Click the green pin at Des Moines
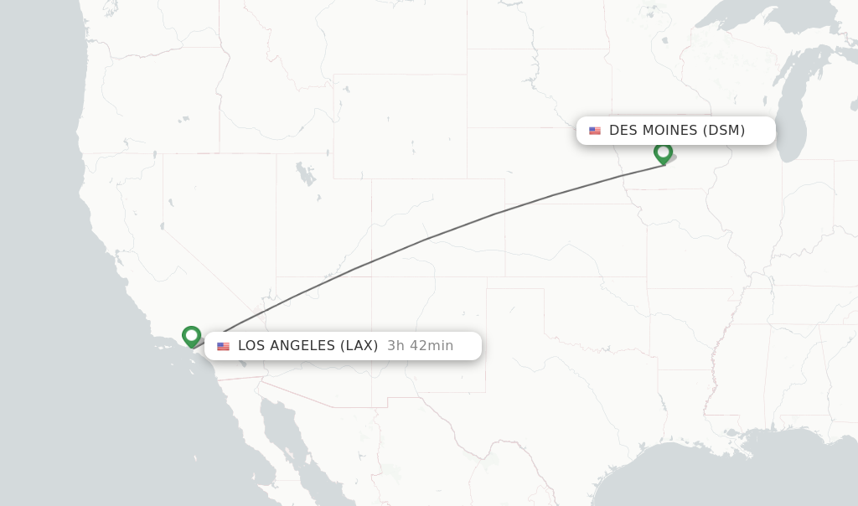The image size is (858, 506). [663, 152]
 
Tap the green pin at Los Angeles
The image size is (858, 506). [191, 336]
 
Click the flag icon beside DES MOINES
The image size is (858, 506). [595, 131]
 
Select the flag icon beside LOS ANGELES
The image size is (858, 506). [223, 346]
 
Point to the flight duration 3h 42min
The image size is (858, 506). [420, 346]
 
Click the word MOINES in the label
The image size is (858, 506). [669, 131]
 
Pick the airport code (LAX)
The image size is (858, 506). [358, 346]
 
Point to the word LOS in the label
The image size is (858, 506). [251, 346]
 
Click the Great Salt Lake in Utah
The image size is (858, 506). [306, 175]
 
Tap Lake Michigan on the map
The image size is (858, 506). [792, 117]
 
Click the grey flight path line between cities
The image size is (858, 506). [427, 238]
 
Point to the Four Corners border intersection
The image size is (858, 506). [371, 277]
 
